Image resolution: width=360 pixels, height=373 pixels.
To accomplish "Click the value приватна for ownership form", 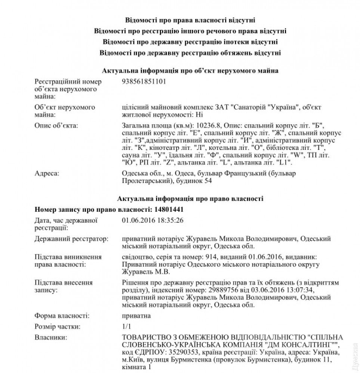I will [136, 316].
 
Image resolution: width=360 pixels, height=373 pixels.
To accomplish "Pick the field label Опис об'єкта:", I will [56, 125].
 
